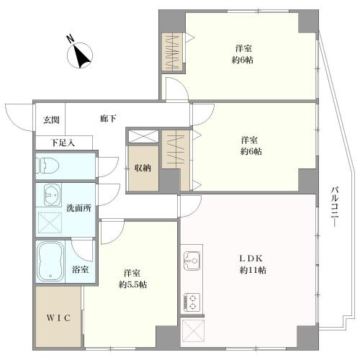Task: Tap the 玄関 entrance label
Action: point(50,120)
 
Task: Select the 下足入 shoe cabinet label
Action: point(62,143)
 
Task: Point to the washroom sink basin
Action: point(51,195)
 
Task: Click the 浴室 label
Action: point(81,270)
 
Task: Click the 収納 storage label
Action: point(142,168)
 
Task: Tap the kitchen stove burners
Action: point(192,300)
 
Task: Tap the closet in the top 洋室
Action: point(173,52)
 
